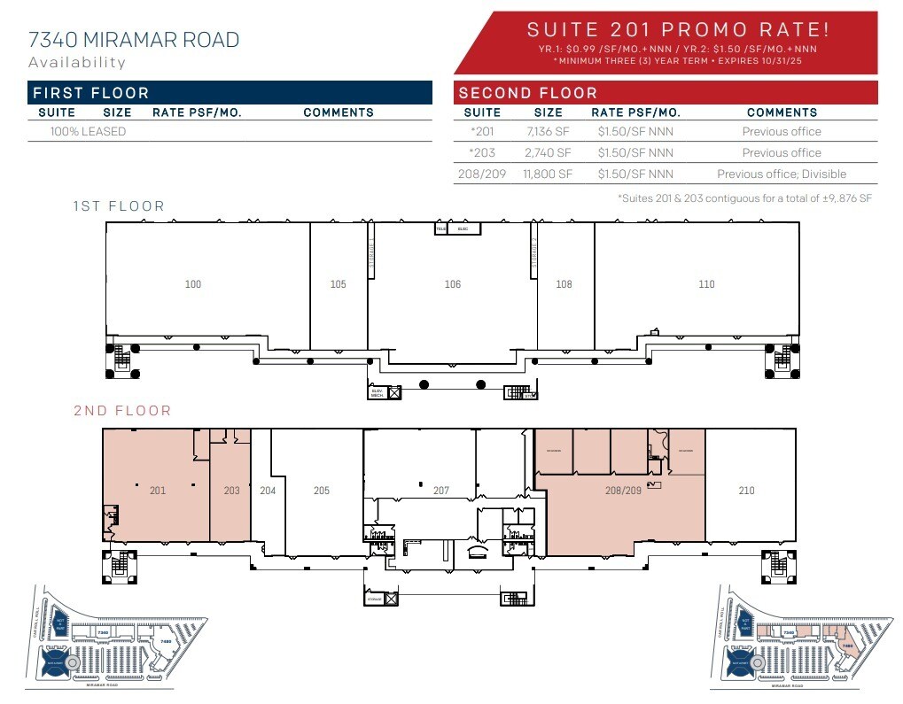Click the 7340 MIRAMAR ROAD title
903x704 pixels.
coord(134,40)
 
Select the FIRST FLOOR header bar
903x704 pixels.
coord(230,93)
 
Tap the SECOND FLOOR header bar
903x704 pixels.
coord(665,93)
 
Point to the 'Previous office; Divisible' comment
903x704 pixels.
coord(782,174)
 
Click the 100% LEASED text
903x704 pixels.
coord(88,132)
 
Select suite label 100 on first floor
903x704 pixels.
coord(193,284)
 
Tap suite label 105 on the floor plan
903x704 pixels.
coord(338,284)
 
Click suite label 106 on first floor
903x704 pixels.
coord(453,284)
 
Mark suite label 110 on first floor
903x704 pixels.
coord(706,284)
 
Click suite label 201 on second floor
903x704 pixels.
coord(158,491)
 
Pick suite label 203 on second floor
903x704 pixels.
coord(231,491)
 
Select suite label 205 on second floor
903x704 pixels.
coord(322,491)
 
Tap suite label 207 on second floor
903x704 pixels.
coord(440,491)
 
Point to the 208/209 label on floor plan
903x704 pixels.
coord(623,491)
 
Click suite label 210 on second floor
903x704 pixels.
coord(746,491)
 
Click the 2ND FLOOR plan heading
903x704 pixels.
coord(122,411)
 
